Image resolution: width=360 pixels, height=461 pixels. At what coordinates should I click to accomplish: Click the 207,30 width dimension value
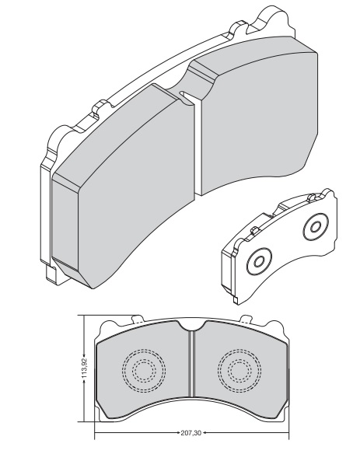tap(191, 433)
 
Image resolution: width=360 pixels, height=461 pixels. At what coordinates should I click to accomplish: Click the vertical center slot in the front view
tap(192, 364)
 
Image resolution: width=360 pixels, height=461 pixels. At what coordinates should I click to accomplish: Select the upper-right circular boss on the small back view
tap(316, 227)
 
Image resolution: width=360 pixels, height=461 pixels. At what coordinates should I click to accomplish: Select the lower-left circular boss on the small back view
tap(259, 261)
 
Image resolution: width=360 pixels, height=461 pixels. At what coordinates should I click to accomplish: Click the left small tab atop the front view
tap(138, 319)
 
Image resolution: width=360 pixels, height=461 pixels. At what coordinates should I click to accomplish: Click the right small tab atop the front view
tap(246, 319)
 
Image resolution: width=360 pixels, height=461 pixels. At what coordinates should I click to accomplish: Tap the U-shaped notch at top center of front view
tap(192, 326)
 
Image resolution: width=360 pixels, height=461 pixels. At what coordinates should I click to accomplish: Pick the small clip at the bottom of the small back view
tap(235, 299)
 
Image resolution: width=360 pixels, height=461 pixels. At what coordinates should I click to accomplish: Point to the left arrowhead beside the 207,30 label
tap(178, 433)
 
